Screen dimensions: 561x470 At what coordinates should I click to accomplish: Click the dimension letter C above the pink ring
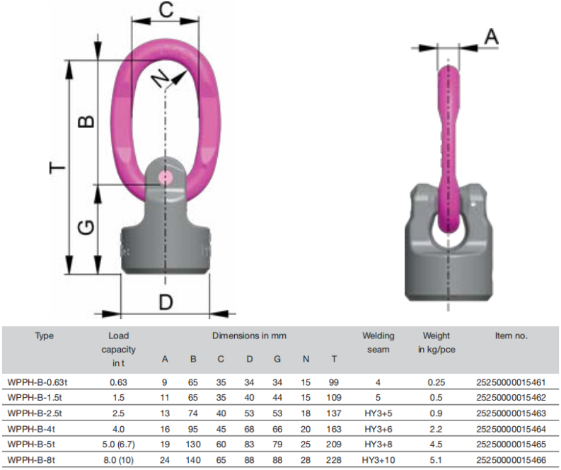166,10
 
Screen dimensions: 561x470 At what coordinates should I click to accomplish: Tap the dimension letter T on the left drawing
57,167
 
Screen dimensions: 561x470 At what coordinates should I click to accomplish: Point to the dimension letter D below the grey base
166,302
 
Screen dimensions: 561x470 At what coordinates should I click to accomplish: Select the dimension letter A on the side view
491,37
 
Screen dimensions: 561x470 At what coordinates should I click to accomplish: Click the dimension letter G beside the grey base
86,227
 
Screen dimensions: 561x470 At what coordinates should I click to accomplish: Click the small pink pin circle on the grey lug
165,176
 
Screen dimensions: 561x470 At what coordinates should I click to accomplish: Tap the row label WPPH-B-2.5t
35,413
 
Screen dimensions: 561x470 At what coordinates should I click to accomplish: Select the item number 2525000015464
511,429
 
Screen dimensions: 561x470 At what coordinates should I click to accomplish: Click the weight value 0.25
436,382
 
